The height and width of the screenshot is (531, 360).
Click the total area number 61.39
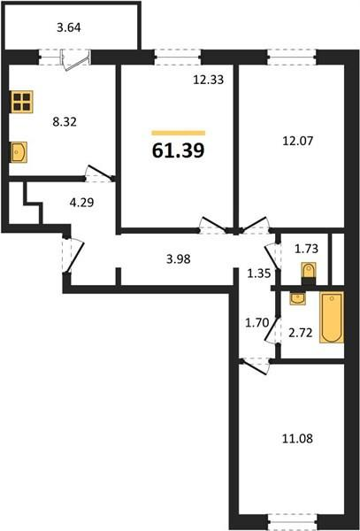pyautogui.click(x=179, y=150)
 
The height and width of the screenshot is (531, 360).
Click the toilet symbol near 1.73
pyautogui.click(x=308, y=270)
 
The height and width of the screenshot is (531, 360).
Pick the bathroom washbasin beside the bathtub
pyautogui.click(x=298, y=299)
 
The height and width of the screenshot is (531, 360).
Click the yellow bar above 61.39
pyautogui.click(x=179, y=132)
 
